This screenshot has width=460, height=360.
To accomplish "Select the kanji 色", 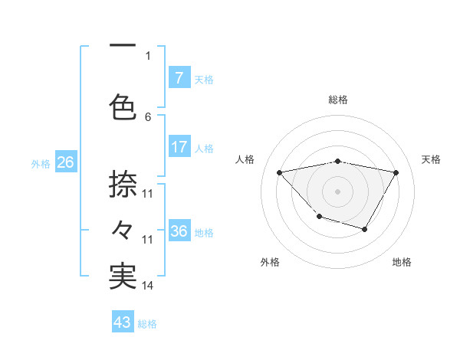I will point(123,107).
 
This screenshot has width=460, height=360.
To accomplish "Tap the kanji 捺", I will point(123,184).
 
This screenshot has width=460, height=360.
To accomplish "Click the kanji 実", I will point(123,277).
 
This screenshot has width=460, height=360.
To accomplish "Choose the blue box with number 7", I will point(179,77).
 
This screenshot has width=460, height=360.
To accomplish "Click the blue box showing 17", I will point(179,147).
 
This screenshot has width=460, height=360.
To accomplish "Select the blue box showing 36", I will point(179,231).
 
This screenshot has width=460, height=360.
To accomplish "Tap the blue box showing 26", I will point(65,162).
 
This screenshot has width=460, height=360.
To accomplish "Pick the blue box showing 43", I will point(123,322).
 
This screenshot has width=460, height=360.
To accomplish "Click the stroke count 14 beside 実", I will point(148,286).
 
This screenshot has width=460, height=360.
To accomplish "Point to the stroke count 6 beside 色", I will point(148,116).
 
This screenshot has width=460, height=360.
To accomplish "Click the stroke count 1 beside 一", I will point(148,55).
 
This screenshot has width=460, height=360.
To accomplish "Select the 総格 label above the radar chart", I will point(337,100).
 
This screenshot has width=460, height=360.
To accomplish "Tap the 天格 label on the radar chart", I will point(432,159).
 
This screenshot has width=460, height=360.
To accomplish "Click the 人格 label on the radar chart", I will point(245,159).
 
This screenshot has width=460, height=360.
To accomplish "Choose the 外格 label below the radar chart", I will point(270,262).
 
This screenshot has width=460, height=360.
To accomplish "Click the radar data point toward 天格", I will point(396,173).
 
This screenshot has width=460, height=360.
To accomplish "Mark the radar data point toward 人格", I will point(280,172).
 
